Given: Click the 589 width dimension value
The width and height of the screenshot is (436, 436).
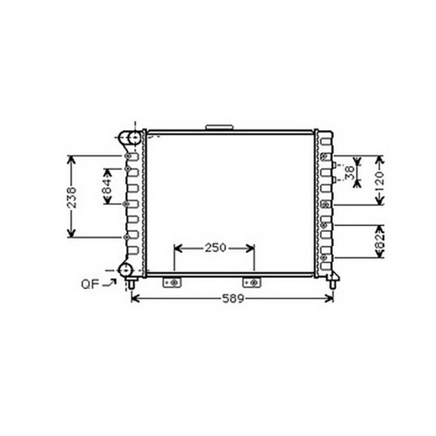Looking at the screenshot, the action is tap(233, 299).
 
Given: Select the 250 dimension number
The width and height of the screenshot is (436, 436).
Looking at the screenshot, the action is tap(215, 248).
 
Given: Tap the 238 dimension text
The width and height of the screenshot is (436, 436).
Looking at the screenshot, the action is tap(72, 197).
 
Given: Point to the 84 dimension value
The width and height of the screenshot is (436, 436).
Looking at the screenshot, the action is tap(107, 186).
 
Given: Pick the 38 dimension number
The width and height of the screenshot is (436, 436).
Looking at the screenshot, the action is tap(349, 173).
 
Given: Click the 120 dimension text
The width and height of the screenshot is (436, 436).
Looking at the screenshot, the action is tap(380, 181).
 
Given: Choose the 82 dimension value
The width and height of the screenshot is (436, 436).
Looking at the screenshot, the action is tap(380, 241).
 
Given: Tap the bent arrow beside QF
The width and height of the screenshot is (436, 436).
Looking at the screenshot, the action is tap(110, 283).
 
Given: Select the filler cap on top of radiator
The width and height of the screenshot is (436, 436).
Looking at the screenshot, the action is tap(219, 127).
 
